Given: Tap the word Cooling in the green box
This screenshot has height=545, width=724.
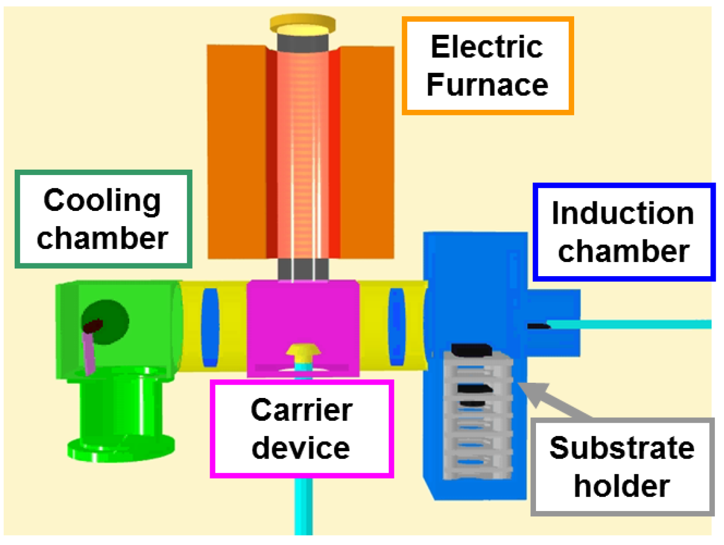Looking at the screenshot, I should tap(102, 200).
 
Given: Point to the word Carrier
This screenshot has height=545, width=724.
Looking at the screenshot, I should tap(302, 410).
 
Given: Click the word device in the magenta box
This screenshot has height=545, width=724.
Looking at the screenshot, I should tap(301, 448).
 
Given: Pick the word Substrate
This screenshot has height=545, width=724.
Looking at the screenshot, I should tap(621, 448).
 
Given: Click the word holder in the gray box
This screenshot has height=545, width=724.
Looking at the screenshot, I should tap(621, 486).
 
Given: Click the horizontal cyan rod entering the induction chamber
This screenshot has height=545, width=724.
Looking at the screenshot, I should tap(630, 324).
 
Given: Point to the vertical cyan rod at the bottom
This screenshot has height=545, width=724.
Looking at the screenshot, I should tap(303, 505).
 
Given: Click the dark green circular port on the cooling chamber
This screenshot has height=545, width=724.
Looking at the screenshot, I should tap(107, 322).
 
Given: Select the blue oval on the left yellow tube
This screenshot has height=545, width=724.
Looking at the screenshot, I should tap(210, 327).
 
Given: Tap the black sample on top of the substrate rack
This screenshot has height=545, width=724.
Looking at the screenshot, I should tap(471, 350).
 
